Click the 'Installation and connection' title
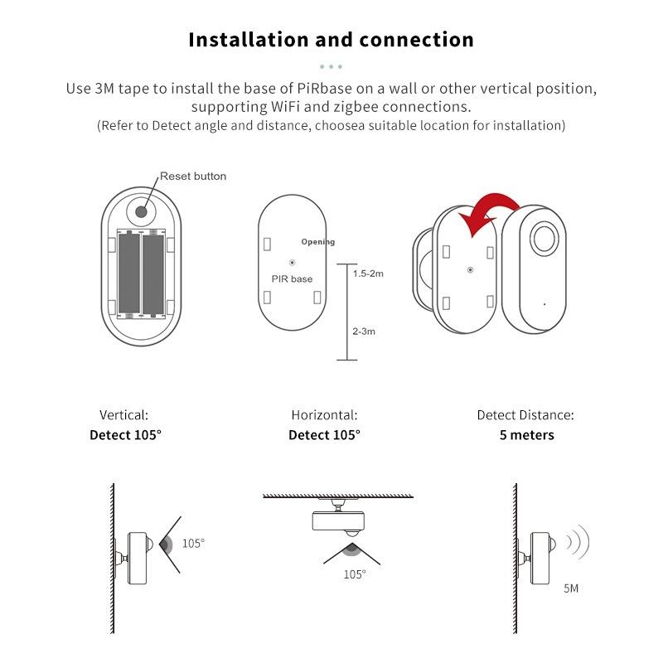coord(331,40)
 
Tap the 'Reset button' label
coord(192,176)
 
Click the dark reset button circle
coord(142,211)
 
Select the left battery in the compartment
coord(129,274)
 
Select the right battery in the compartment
coord(154,274)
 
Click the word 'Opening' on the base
coord(318,242)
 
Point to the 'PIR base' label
coord(292,279)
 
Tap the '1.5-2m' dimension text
coord(368,273)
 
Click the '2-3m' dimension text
coord(364,331)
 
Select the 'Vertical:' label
coord(124,415)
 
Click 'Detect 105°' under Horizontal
coord(324,435)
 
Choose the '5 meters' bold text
coord(526,435)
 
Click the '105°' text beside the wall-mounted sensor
coord(193,544)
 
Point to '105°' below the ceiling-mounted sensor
coord(354,573)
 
